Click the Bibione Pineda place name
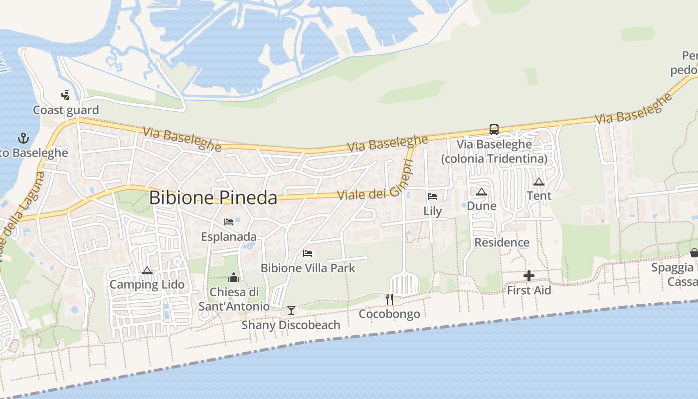pos(213,198)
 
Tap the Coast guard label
pos(66,110)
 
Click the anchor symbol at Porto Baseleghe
pos(23,138)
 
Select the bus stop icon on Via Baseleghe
pos(494,130)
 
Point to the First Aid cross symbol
pos(529,276)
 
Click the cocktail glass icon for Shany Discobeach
pos(291,310)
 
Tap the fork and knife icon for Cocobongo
pos(389,299)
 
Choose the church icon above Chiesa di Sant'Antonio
pos(234,277)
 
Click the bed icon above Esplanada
pos(229,221)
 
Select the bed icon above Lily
pos(432,197)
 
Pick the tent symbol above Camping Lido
pos(147,270)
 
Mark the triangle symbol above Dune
pos(481,192)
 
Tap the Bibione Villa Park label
pos(308,268)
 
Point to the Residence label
pos(502,242)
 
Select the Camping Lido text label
pos(147,284)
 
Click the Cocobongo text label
pos(389,314)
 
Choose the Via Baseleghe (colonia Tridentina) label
pos(494,151)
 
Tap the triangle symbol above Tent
pos(538,182)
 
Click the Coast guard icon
pos(65,95)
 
